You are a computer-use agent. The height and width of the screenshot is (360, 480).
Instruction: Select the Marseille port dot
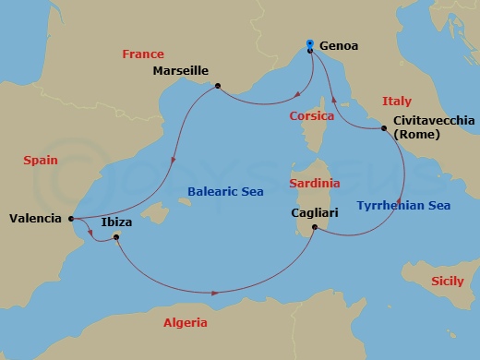coord(216,87)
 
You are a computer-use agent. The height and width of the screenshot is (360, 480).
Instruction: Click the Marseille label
coord(180,70)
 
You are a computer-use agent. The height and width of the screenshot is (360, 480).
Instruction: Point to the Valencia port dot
coord(70,219)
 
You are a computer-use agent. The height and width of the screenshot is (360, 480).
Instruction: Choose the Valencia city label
coord(35,219)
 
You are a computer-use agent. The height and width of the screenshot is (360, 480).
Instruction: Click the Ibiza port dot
coord(116,237)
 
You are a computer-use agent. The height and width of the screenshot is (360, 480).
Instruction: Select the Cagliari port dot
coord(315,227)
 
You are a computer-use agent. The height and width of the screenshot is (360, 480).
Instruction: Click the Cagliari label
coord(310,212)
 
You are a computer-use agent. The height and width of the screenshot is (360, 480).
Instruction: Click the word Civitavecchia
coord(434,121)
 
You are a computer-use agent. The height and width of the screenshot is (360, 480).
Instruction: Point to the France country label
coord(142,55)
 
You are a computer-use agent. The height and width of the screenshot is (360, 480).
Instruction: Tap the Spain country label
coord(41,160)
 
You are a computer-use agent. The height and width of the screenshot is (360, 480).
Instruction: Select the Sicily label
coord(448,278)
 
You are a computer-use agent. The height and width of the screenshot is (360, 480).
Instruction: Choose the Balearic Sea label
coord(225,191)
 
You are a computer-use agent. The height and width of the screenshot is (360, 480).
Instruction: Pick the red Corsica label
coord(312,116)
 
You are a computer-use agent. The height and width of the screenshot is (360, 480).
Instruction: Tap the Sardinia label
coord(314,183)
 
